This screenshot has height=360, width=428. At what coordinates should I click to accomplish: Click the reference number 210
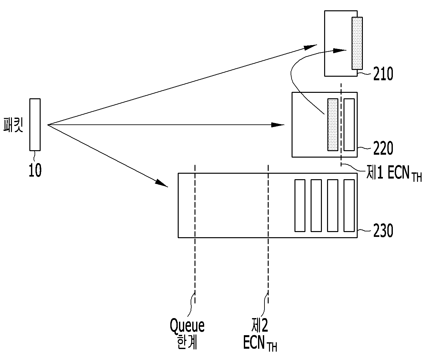(383, 74)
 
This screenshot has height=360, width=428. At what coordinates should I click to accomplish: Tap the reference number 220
(383, 148)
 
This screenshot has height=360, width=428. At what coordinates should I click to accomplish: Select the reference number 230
(383, 231)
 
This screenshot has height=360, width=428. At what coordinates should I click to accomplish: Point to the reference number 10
(35, 170)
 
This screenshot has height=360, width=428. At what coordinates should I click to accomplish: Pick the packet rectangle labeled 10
(35, 125)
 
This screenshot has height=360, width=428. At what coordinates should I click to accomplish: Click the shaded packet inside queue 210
(357, 43)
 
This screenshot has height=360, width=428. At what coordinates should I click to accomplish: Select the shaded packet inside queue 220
(333, 125)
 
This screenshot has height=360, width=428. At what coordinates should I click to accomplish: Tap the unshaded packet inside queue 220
(349, 125)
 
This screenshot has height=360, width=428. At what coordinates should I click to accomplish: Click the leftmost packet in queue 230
(300, 206)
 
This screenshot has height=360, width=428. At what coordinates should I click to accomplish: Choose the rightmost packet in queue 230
(349, 206)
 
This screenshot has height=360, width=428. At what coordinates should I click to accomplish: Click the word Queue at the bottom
(187, 326)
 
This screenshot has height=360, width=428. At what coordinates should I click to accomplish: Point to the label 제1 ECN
(394, 173)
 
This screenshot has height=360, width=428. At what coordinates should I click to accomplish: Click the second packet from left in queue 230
(316, 206)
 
